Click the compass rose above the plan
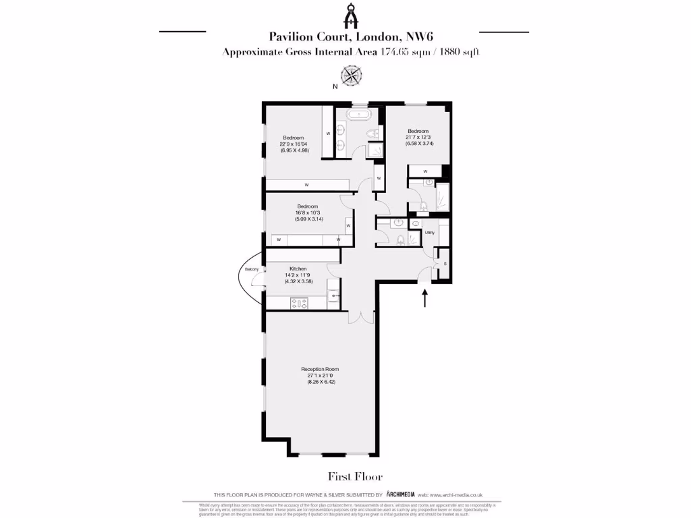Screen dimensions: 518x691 (351, 75)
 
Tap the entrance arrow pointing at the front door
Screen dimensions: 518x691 (424, 298)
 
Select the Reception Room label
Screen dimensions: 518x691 (319, 369)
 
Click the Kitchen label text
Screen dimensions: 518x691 (298, 268)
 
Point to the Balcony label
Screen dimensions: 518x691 (252, 270)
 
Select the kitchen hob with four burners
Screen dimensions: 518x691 (298, 303)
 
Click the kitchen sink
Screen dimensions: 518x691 (333, 295)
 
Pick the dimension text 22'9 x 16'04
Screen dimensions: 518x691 (294, 144)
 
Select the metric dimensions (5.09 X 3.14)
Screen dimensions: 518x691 (308, 219)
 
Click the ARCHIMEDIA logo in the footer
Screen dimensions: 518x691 (410, 494)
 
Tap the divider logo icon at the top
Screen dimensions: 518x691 (351, 13)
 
